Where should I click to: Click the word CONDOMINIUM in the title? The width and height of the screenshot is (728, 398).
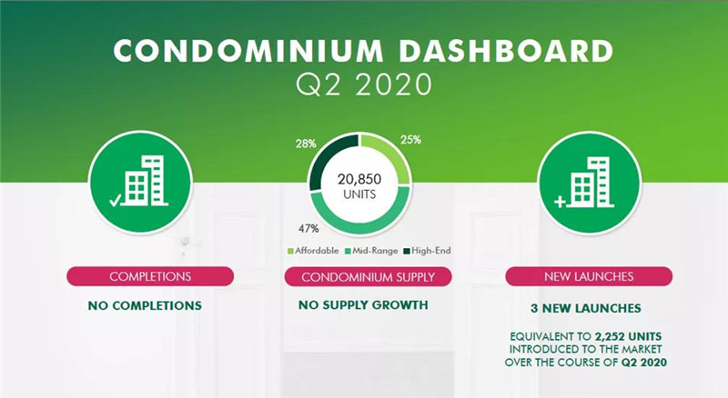(248, 51)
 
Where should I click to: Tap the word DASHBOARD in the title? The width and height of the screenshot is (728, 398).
(507, 51)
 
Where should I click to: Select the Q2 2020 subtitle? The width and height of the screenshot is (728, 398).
(364, 85)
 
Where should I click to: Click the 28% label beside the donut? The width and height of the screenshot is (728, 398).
(306, 144)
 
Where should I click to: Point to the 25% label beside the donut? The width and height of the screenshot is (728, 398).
(411, 140)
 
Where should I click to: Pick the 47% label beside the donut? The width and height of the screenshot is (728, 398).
(308, 228)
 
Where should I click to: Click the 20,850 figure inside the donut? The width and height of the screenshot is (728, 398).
(359, 179)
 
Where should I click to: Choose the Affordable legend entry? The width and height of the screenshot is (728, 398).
(313, 251)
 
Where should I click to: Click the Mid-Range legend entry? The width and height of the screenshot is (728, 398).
(371, 251)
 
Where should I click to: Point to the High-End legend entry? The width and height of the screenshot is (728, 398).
(427, 251)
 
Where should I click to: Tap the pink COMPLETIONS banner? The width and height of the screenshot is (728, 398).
(150, 276)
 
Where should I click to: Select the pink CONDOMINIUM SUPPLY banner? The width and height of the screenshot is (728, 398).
(369, 277)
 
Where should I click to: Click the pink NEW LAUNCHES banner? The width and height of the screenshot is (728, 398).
(589, 276)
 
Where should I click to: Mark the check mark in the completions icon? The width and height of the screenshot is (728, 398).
(116, 200)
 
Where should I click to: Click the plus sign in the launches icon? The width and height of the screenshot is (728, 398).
(561, 202)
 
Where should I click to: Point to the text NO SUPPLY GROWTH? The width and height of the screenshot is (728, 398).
(363, 304)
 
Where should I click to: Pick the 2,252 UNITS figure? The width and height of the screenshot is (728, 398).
(628, 336)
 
